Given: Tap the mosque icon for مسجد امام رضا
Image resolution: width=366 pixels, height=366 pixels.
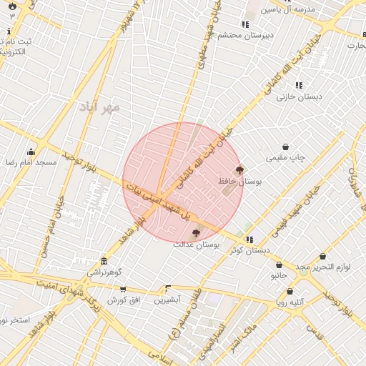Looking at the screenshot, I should [31, 152].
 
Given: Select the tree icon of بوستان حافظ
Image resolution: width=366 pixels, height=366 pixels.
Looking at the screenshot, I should [239, 170].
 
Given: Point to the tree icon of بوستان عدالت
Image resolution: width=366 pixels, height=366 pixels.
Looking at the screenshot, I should [196, 233].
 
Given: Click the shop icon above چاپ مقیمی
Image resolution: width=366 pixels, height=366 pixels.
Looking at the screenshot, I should [286, 147].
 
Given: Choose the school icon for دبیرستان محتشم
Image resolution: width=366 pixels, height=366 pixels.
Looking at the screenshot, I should [246, 25].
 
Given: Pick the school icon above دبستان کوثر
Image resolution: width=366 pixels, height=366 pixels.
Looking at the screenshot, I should [249, 239].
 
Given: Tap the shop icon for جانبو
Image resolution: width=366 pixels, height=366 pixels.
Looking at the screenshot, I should [279, 264].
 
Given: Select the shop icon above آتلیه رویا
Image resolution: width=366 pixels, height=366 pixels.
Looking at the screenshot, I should [290, 291].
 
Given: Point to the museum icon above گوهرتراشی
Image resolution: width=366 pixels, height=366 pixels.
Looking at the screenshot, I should [104, 262].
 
